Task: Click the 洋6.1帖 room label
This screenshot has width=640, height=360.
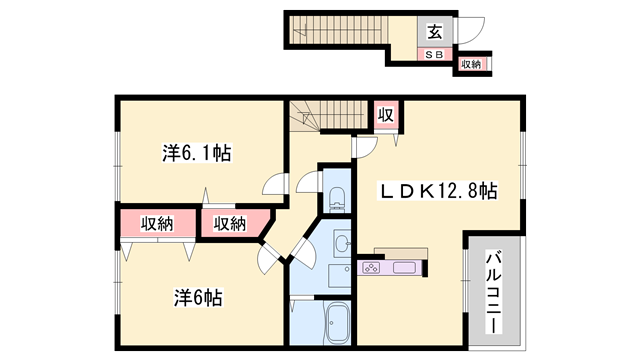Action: (197, 153)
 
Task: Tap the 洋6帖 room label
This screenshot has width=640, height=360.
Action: (198, 298)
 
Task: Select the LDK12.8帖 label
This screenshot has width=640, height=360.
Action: (438, 191)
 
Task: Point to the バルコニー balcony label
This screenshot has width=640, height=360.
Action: (493, 292)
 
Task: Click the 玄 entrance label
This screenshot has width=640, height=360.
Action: (435, 32)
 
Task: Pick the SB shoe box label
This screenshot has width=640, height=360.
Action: (434, 54)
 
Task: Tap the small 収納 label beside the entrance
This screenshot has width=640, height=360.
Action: (471, 64)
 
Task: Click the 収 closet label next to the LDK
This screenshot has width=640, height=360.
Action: (385, 115)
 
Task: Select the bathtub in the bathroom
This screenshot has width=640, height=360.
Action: (338, 323)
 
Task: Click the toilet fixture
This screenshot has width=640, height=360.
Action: (337, 199)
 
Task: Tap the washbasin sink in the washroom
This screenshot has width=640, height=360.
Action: (342, 244)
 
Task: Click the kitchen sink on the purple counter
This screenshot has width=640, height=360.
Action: (404, 268)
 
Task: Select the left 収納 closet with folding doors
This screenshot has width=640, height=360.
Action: (158, 224)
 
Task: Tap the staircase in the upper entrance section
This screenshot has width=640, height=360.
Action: (338, 29)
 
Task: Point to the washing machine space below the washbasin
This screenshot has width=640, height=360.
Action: (340, 276)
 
